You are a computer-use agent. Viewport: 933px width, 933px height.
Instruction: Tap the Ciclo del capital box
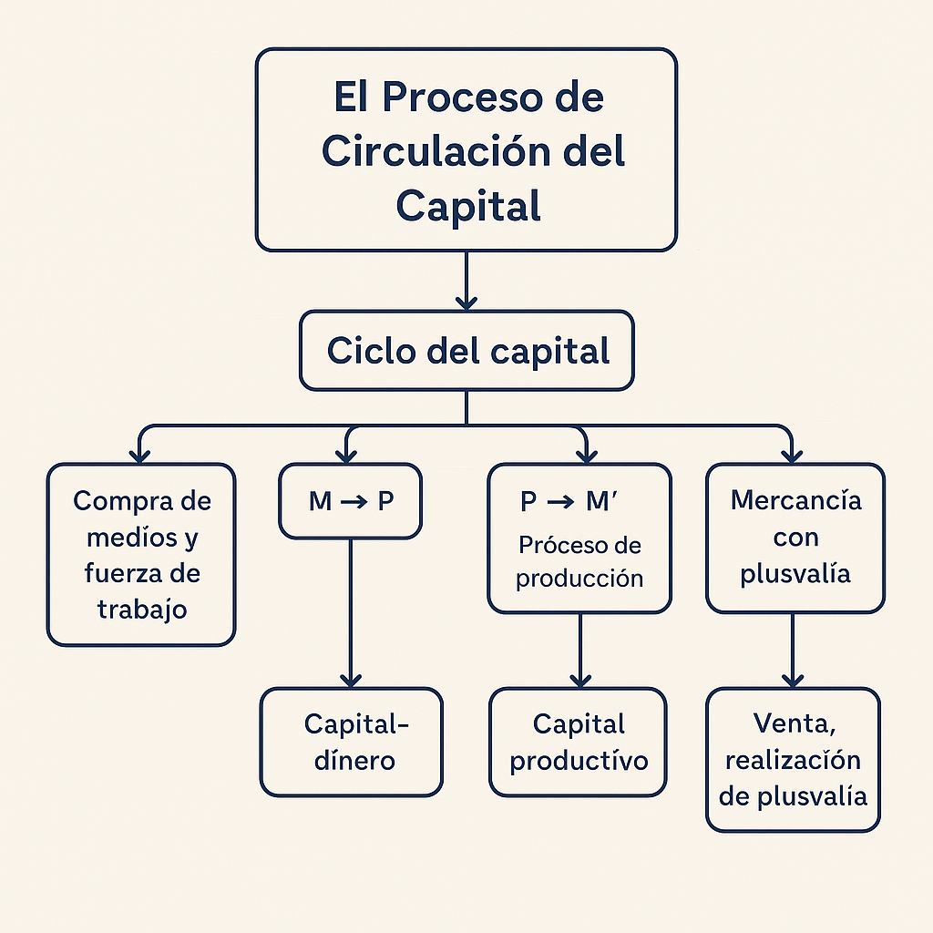coord(466,351)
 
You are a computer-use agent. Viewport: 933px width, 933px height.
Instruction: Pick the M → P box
coord(351,501)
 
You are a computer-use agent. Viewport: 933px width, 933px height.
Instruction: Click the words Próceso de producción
coord(579,561)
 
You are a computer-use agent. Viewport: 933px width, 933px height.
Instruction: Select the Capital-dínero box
coord(351,742)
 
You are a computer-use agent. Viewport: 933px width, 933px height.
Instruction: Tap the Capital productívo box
coord(579,742)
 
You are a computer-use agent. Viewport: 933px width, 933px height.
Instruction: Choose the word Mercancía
coord(795,500)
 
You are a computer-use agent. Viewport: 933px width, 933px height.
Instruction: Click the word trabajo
coord(141,610)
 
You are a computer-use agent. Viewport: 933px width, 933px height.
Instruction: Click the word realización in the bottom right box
coord(793,760)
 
